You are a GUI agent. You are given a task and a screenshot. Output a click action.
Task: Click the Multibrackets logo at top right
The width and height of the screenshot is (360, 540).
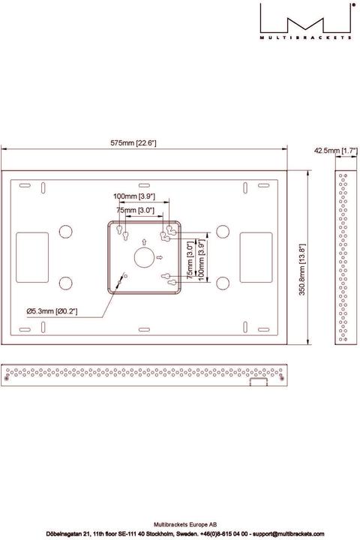click(x=307, y=20)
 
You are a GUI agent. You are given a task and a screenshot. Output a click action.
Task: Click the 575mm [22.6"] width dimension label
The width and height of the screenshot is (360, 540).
click(x=133, y=142)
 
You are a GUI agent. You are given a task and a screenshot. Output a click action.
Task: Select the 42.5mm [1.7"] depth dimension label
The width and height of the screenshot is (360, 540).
click(x=335, y=151)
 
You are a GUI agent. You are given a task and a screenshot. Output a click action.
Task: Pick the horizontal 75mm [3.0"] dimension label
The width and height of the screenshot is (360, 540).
click(x=136, y=211)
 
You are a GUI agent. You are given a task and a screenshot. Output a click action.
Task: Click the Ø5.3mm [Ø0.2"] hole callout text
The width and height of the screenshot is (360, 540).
click(x=52, y=310)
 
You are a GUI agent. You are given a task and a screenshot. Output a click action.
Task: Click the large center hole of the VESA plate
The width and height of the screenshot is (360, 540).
click(x=143, y=258)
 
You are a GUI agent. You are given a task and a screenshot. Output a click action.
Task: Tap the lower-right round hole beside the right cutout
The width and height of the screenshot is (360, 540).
click(x=222, y=283)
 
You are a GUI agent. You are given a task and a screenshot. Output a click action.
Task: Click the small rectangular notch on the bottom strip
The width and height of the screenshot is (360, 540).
click(x=257, y=381)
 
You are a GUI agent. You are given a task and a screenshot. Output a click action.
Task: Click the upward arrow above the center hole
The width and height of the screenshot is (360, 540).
click(x=142, y=241)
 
